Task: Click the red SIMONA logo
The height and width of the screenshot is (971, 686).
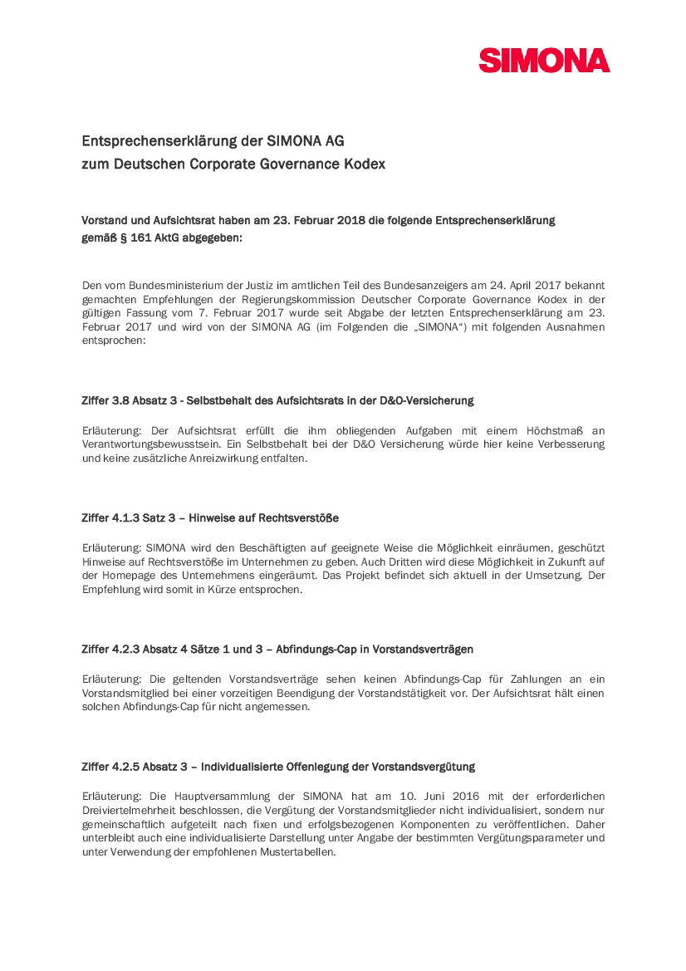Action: [544, 61]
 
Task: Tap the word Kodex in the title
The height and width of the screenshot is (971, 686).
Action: [366, 164]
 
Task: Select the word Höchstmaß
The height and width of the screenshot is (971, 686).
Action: [556, 430]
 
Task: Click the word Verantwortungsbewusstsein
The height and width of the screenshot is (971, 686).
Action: [151, 444]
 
